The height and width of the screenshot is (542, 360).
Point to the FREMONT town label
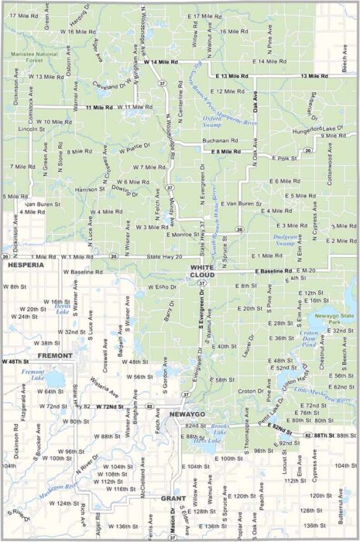[x=53, y=356]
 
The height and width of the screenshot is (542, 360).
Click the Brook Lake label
[x=220, y=427]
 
